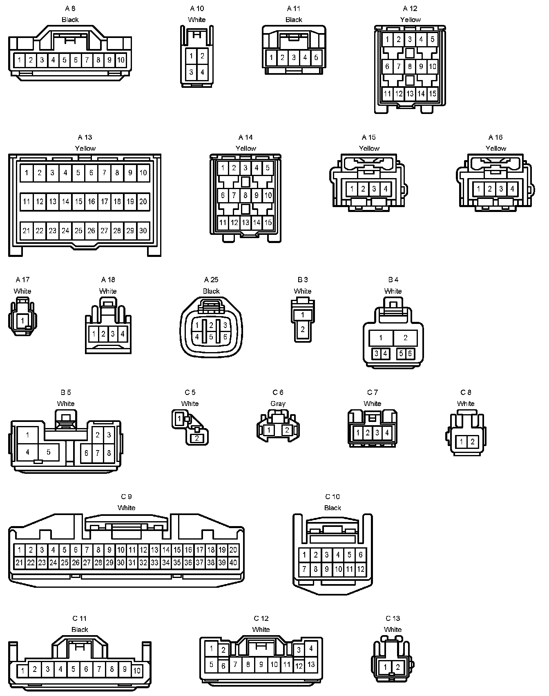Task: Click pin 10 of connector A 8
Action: [121, 60]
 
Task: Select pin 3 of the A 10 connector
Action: [191, 73]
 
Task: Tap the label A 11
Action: [294, 9]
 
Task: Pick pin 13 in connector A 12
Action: [410, 94]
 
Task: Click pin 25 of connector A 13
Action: [78, 231]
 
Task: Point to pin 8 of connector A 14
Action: [245, 195]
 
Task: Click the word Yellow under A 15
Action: [369, 148]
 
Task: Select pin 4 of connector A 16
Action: [512, 189]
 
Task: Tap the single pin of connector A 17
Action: [22, 321]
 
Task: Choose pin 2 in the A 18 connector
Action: [103, 334]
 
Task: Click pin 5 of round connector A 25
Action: [211, 337]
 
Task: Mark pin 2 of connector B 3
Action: [303, 329]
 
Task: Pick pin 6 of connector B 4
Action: [410, 353]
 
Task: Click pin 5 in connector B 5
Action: [49, 452]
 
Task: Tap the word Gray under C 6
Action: [278, 404]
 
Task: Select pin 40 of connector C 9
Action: [233, 562]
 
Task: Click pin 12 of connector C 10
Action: [360, 569]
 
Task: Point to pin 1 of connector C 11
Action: [22, 670]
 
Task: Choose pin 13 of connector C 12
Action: [311, 665]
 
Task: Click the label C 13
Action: [393, 618]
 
